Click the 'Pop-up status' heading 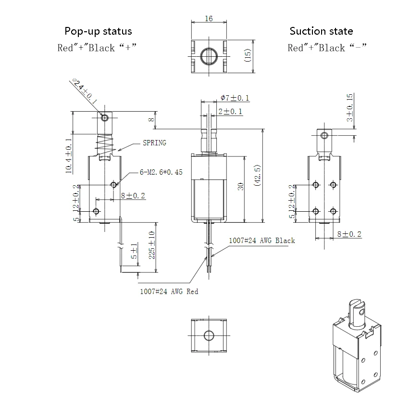tap(98, 31)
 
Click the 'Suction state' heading tap(321, 31)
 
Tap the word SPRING tap(154, 143)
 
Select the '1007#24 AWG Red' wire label tap(169, 291)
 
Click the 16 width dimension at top tap(209, 19)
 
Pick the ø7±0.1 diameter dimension tap(235, 98)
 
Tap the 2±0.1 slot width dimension tap(230, 112)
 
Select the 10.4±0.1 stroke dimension tap(68, 155)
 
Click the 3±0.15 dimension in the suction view tap(349, 107)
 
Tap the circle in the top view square tap(209, 54)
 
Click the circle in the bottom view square tap(209, 335)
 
